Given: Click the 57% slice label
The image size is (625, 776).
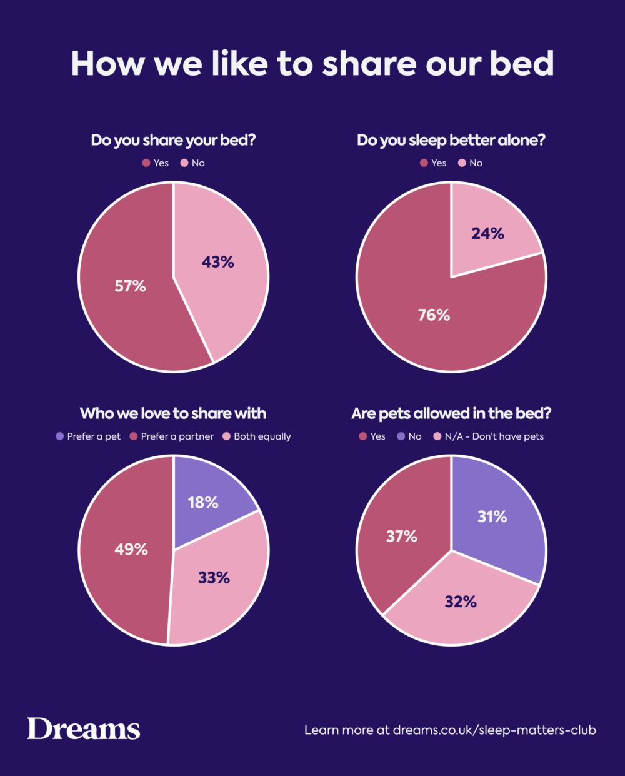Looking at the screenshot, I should [x=130, y=286].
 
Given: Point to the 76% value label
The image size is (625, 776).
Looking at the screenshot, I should [x=434, y=315].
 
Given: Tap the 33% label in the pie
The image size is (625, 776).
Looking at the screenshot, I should [x=214, y=578].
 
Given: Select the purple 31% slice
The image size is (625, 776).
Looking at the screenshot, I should [x=500, y=519].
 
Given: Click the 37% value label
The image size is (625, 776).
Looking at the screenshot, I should [x=401, y=537].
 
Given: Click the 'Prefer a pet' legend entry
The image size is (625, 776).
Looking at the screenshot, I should [x=88, y=436].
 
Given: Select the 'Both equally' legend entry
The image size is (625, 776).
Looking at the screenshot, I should [x=257, y=436].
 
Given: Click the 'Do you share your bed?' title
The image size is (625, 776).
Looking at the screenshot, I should [x=173, y=140].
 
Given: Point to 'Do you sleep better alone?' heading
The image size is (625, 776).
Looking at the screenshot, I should [x=451, y=140].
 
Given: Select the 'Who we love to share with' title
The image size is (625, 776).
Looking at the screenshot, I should [x=173, y=413].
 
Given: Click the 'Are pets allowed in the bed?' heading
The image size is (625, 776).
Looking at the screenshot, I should [x=451, y=413].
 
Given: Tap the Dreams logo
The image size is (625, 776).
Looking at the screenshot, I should [x=83, y=729].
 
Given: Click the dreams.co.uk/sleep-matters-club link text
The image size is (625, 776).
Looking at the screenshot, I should [x=494, y=730].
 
